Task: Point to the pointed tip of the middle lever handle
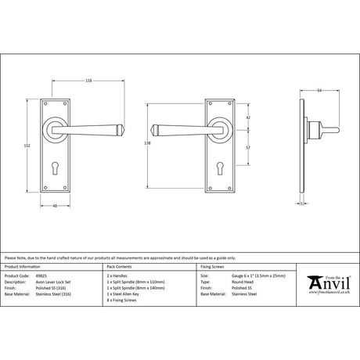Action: click(x=154, y=128)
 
